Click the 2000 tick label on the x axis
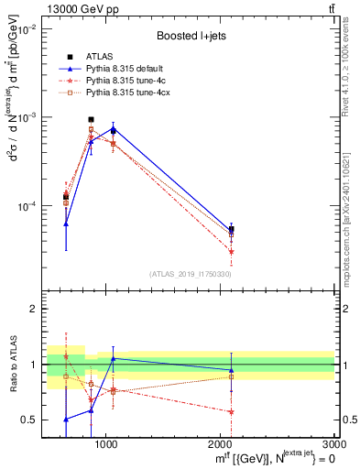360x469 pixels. [x=221, y=444]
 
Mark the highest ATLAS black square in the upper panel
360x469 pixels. [x=91, y=119]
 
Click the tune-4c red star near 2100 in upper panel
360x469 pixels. [x=231, y=251]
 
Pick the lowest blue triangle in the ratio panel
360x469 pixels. [x=66, y=420]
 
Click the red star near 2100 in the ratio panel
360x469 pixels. [x=231, y=411]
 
